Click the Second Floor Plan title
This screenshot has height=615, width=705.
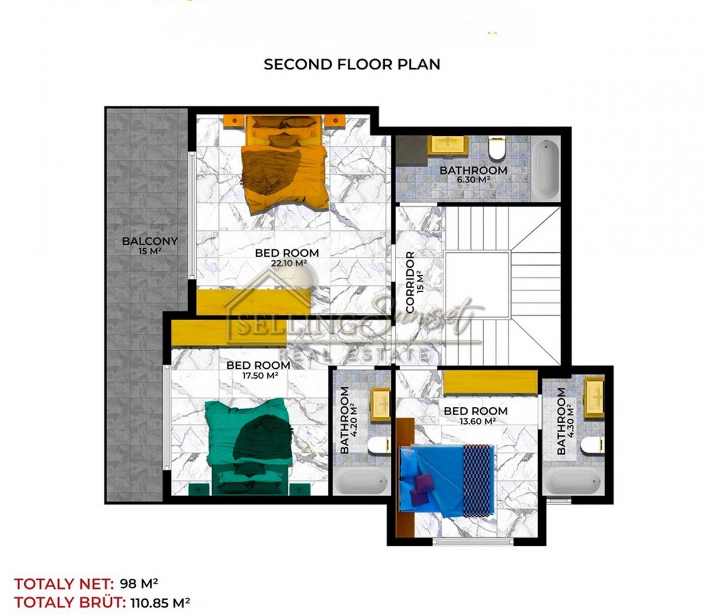(352, 65)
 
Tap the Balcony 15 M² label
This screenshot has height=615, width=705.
(150, 245)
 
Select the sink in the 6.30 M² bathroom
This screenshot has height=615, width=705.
(448, 145)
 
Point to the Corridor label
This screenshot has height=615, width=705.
(415, 282)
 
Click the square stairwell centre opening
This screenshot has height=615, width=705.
(477, 285)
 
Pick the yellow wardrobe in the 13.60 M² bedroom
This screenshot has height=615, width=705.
(491, 382)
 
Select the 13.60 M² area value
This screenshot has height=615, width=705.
(478, 421)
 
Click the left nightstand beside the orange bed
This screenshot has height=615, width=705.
(234, 121)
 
